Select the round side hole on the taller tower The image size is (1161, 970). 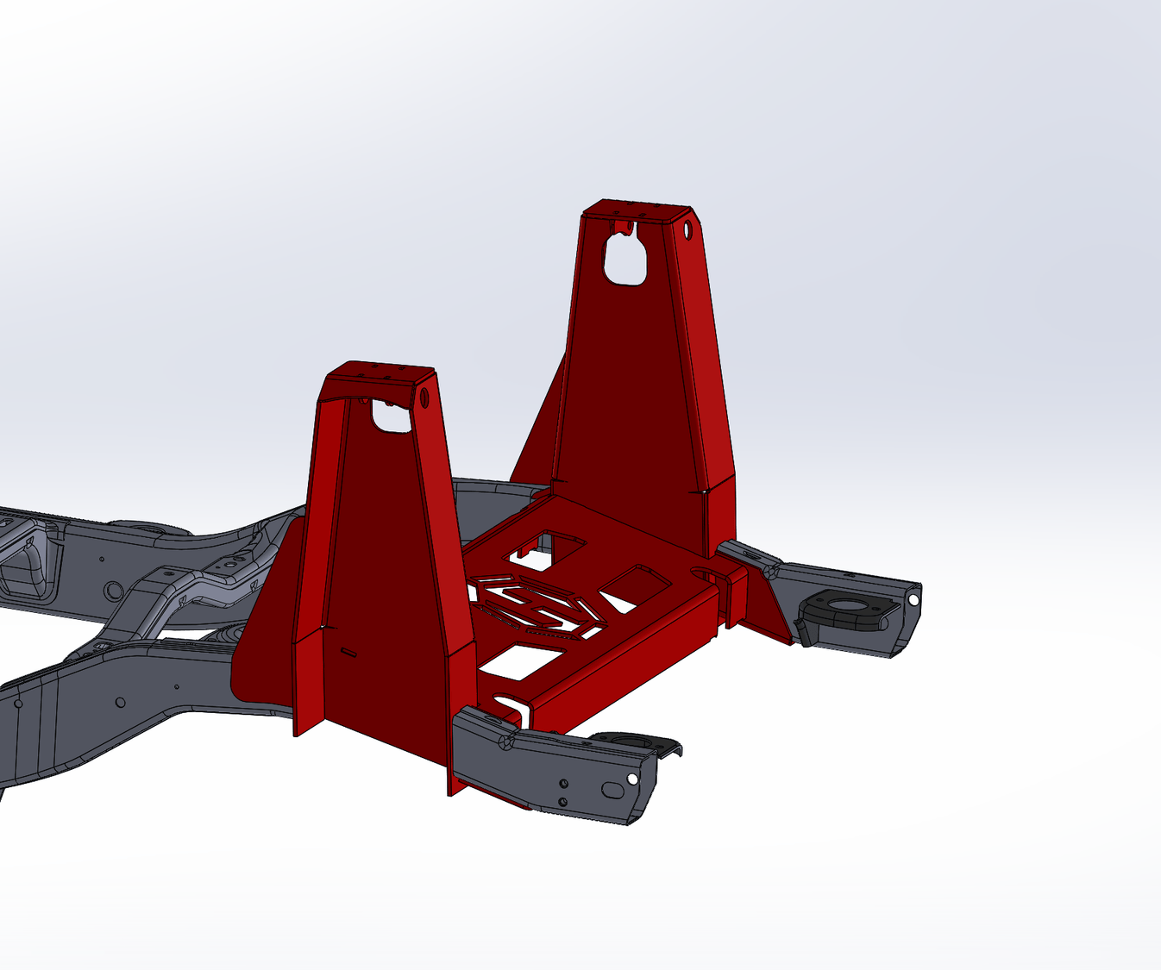pyautogui.click(x=687, y=230)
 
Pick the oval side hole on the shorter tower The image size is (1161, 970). pyautogui.click(x=424, y=399)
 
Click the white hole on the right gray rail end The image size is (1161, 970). pyautogui.click(x=913, y=598)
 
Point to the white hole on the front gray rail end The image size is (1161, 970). pyautogui.click(x=632, y=779)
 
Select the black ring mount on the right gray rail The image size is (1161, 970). pyautogui.click(x=841, y=609)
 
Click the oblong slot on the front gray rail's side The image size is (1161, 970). pyautogui.click(x=612, y=788)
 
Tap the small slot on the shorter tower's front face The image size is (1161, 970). pyautogui.click(x=348, y=650)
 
